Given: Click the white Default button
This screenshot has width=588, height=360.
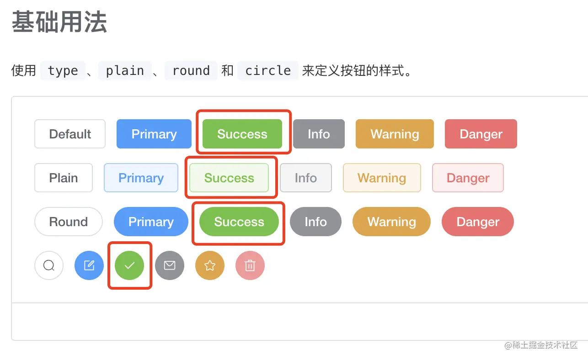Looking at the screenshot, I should pos(70,134).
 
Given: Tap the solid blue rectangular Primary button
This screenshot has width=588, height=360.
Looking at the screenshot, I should pos(154,134).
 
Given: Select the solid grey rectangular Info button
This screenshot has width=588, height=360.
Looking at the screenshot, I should pos(318,134).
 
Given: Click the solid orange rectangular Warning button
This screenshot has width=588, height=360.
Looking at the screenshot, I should pos(395,134).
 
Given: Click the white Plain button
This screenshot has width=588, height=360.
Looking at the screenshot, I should pos(64,178).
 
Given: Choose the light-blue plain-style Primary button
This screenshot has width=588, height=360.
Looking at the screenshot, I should pos(141,178).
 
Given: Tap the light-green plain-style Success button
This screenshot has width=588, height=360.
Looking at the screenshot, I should pos(229,178).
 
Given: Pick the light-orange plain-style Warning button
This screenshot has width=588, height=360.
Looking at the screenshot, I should pos(381,178).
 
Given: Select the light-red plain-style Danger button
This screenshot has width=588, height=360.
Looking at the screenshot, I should pos(468,178).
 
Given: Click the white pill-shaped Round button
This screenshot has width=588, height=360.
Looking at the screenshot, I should pos(68,222).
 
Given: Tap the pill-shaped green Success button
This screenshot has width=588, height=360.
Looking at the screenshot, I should pos(239,222).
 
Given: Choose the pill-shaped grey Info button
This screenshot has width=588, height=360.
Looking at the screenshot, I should pos(315,222).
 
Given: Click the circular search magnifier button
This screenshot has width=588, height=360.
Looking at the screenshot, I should pos(49,265).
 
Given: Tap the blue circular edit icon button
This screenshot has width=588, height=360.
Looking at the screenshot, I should pos(89,265).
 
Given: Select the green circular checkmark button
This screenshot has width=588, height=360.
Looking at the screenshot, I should pos(129,265).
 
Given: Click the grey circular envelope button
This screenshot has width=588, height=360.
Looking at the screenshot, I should pos(170,265).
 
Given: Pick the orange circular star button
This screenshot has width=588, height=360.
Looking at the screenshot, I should pos(210,265).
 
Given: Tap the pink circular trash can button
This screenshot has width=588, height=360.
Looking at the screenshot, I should pos(250,265).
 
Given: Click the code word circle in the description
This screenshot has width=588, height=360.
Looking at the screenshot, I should pos(268,71).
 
